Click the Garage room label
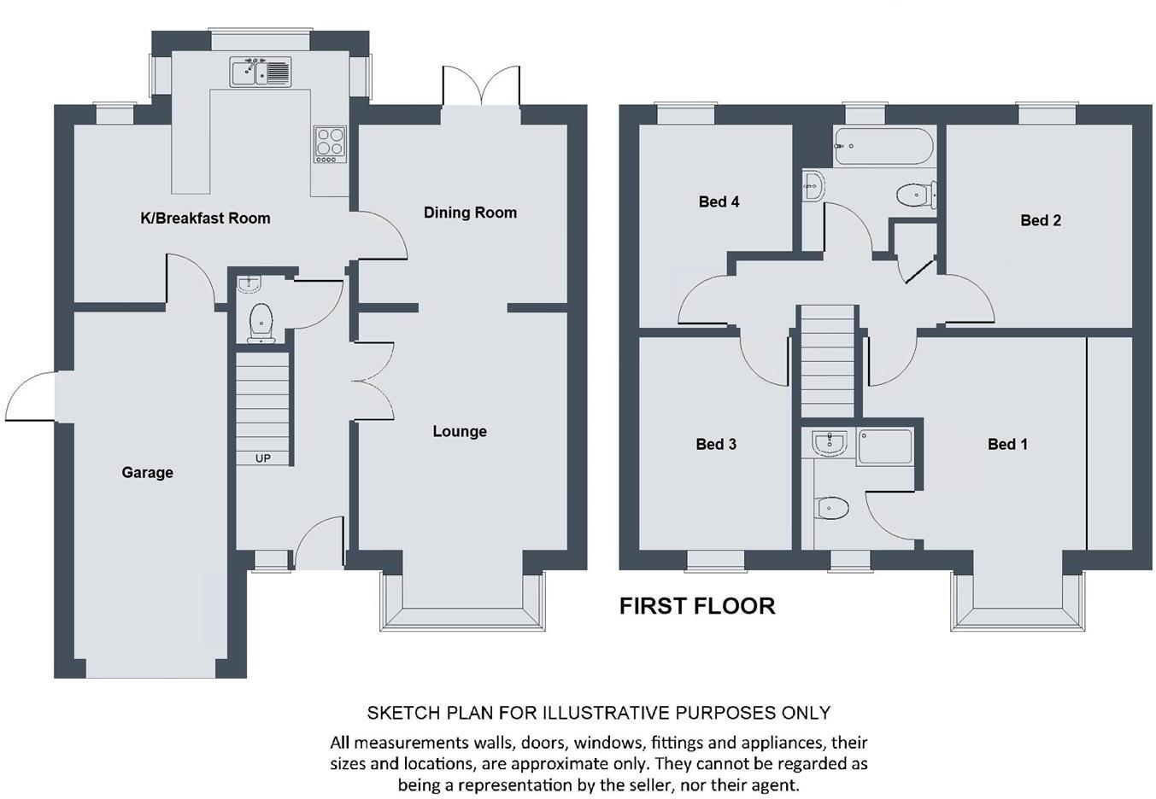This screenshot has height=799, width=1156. [x=147, y=473]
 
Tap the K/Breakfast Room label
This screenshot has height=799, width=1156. [x=205, y=218]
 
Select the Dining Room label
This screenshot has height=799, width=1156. [x=470, y=213]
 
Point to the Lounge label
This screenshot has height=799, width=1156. [x=460, y=431]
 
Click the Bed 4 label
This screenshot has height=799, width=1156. [x=719, y=201]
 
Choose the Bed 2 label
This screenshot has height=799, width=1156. [x=1041, y=220]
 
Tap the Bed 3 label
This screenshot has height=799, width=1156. [x=716, y=444]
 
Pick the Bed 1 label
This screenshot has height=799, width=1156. [x=1007, y=444]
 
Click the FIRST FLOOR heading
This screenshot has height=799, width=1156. [x=697, y=606]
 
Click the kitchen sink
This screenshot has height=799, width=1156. [x=261, y=72]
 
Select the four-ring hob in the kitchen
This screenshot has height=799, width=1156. [x=331, y=145]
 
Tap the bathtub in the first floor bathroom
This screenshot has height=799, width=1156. [x=884, y=146]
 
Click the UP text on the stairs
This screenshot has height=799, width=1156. [x=262, y=458]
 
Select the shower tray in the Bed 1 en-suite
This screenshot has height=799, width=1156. [x=885, y=447]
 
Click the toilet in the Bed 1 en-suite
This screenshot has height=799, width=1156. [x=831, y=508]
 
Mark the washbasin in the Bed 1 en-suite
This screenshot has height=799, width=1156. [x=830, y=443]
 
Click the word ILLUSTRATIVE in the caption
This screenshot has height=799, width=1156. [x=606, y=713]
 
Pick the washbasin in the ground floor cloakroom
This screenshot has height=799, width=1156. [x=249, y=284]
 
